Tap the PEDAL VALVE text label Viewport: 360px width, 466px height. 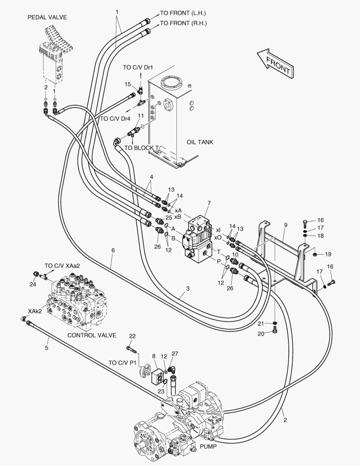pyautogui.click(x=47, y=17)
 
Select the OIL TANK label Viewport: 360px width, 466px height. pyautogui.click(x=200, y=142)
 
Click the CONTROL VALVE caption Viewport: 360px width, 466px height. pyautogui.click(x=92, y=334)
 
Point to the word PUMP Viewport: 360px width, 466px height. pyautogui.click(x=208, y=447)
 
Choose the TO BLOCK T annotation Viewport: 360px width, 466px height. pyautogui.click(x=144, y=148)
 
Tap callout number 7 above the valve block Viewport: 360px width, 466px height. pyautogui.click(x=209, y=203)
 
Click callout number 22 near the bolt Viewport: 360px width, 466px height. pyautogui.click(x=132, y=336)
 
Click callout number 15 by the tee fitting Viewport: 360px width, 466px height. pyautogui.click(x=128, y=84)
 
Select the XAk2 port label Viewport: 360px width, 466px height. pyautogui.click(x=35, y=311)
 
